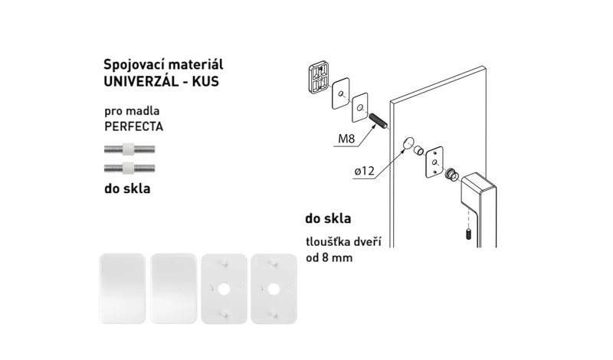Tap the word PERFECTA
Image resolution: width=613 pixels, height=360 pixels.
coord(133,126)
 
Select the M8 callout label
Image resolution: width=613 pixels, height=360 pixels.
coord(346,139)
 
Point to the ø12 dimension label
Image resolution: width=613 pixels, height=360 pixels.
coord(365,171)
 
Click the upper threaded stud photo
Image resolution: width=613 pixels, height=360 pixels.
coord(129,149)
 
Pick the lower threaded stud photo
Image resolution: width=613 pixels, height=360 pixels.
coord(129,169)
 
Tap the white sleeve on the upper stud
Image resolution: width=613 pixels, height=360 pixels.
coord(128,149)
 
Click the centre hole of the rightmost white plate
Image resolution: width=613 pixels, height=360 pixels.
coord(274,290)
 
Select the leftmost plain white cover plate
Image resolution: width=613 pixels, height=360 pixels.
coord(123,289)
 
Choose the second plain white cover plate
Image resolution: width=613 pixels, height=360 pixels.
coord(173,289)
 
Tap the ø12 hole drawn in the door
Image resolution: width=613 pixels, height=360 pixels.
coord(408,143)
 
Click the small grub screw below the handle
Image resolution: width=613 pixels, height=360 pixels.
coord(468,234)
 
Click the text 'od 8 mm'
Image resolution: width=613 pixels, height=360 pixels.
coord(329,257)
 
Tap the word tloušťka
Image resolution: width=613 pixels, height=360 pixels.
coord(327,241)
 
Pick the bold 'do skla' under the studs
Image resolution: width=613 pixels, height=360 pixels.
coord(127,188)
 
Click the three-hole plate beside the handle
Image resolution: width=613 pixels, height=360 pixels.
coord(434,162)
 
